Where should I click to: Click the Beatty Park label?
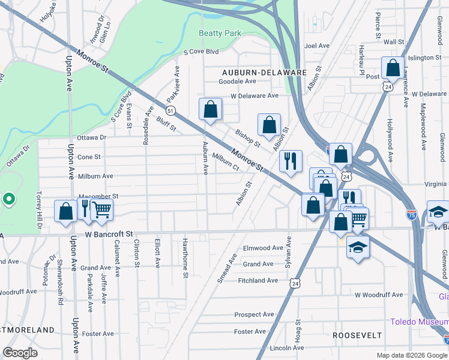pyautogui.click(x=220, y=34)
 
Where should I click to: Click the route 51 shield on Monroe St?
pyautogui.click(x=171, y=111)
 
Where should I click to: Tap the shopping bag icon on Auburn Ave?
pyautogui.click(x=211, y=110)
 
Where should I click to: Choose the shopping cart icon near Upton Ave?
pyautogui.click(x=103, y=210)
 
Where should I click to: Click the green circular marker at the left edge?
pyautogui.click(x=9, y=199)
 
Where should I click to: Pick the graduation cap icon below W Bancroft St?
pyautogui.click(x=358, y=248)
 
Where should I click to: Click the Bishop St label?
pyautogui.click(x=248, y=138)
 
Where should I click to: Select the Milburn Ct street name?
pyautogui.click(x=226, y=161)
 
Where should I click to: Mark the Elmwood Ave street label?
pyautogui.click(x=262, y=248)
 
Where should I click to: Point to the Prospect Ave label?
pyautogui.click(x=254, y=314)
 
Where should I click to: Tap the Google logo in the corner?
pyautogui.click(x=20, y=353)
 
